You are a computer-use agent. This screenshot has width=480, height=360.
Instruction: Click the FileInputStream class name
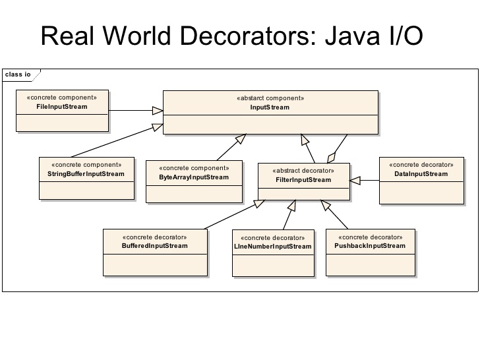(x=62, y=106)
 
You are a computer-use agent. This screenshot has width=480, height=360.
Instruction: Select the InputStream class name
(x=270, y=107)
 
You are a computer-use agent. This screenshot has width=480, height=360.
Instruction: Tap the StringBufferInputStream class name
(x=86, y=174)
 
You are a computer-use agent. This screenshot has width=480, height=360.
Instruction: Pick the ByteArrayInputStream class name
(x=194, y=177)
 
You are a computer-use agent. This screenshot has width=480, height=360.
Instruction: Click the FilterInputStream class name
(x=303, y=179)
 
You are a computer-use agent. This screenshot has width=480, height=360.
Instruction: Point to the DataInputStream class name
(x=421, y=174)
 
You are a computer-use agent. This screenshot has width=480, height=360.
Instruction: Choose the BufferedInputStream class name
(x=155, y=246)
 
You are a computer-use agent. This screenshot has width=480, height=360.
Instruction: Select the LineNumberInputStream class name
(x=272, y=247)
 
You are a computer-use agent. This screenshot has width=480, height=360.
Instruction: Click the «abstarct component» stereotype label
(x=270, y=98)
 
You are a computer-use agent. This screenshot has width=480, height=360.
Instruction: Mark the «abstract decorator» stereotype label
(x=303, y=170)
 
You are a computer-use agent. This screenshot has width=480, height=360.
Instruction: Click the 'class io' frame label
(x=18, y=75)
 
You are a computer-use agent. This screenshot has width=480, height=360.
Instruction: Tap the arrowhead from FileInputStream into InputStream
(x=157, y=110)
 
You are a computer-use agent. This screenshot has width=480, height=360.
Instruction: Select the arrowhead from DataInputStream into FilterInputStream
(x=355, y=179)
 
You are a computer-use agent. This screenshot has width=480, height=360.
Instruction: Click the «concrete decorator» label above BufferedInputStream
(x=155, y=237)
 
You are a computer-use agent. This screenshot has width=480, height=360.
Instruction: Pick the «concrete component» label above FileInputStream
(x=62, y=98)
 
